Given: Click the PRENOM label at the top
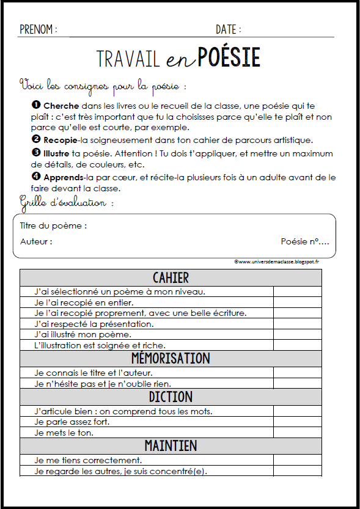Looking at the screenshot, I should [x=39, y=29].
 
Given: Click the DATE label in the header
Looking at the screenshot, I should [x=228, y=29].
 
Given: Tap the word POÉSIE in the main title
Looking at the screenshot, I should [x=229, y=57].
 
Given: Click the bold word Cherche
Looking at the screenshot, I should [x=61, y=106].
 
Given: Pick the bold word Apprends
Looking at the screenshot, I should [x=65, y=177].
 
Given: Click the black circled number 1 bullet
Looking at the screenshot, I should [x=35, y=106].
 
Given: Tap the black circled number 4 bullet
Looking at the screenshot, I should [x=35, y=177].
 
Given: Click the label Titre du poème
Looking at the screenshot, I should [x=54, y=225].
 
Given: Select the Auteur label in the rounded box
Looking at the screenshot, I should [x=36, y=241].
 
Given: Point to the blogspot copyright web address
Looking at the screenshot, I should [x=276, y=261].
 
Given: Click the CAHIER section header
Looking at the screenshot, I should [x=171, y=278].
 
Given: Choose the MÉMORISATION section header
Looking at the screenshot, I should [x=171, y=358].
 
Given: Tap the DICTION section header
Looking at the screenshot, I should [x=171, y=397].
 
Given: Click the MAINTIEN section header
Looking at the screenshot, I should [x=171, y=445].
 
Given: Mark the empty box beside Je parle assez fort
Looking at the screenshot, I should [x=298, y=422].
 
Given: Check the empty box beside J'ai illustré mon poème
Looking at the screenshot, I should [x=298, y=334].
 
